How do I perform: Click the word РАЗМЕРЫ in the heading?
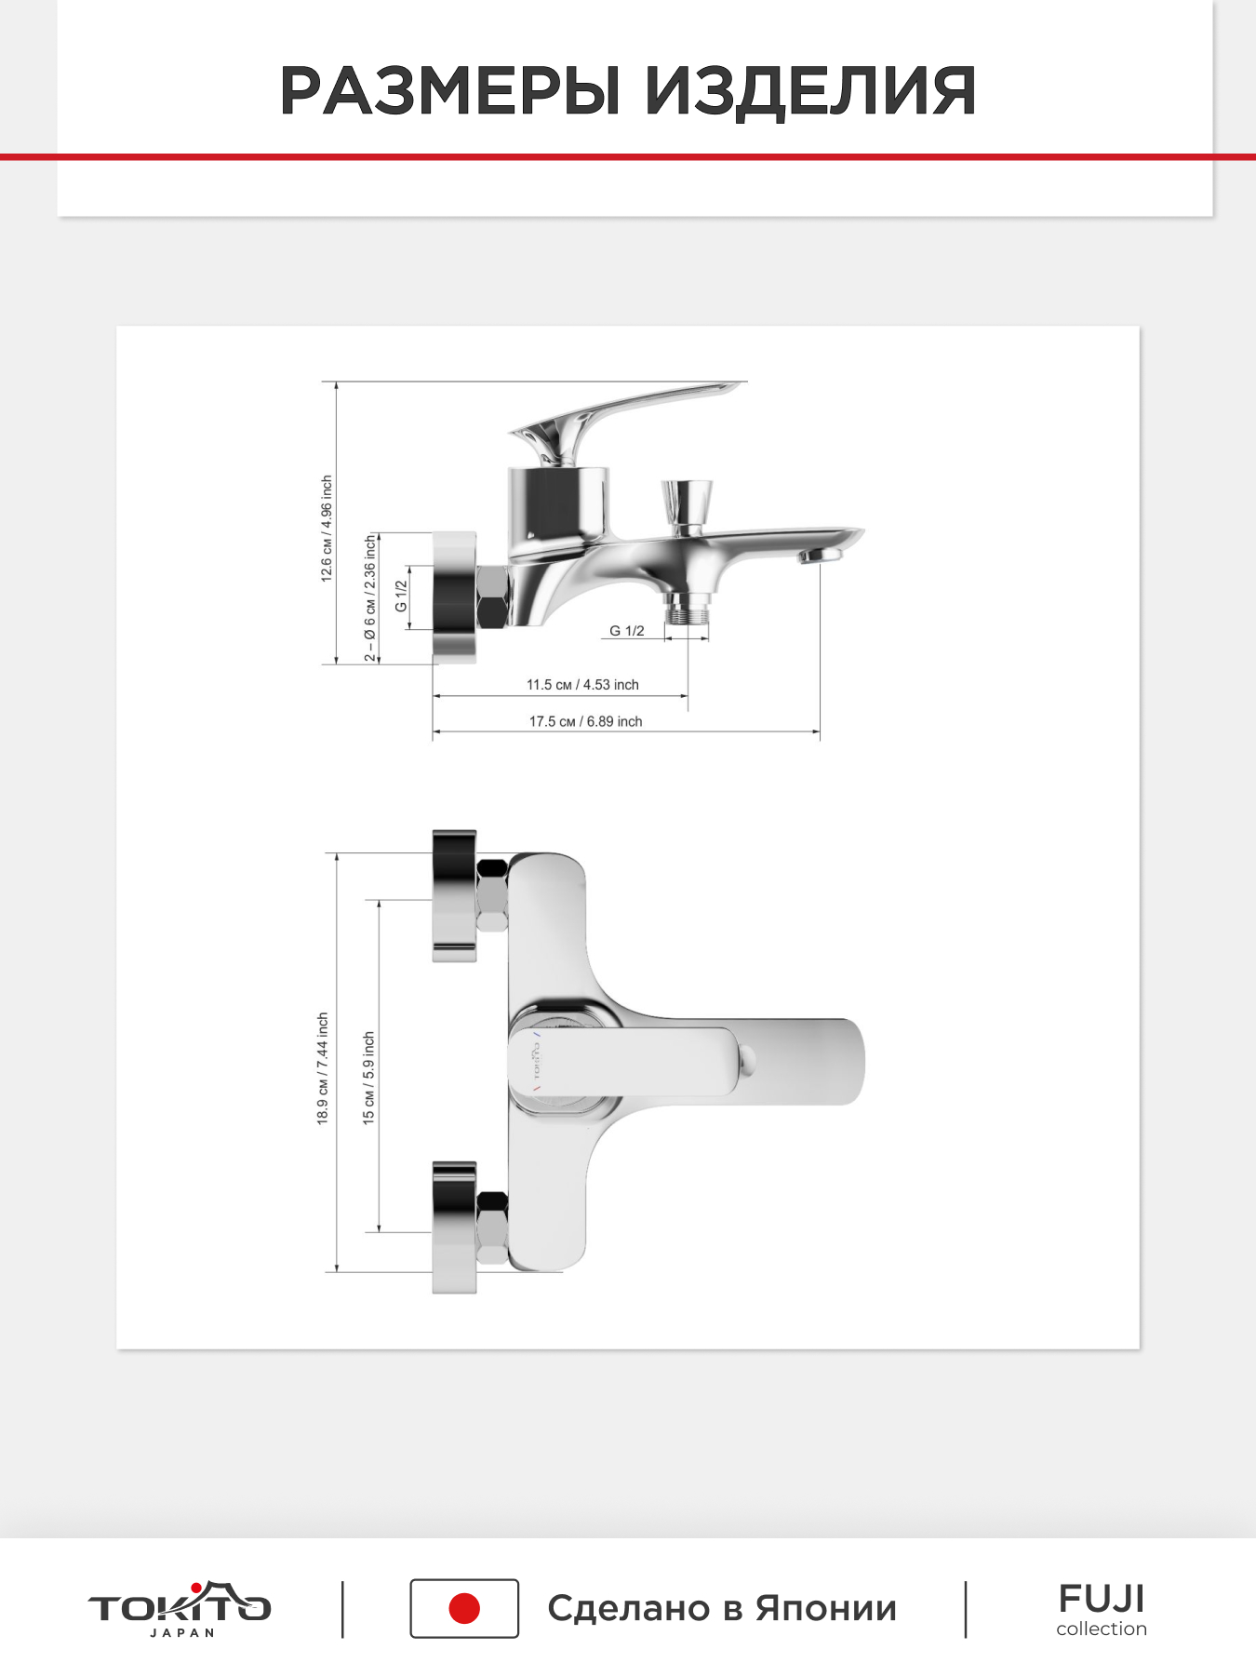click(449, 91)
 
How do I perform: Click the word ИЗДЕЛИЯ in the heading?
click(810, 93)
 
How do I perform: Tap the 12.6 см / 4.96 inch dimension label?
click(327, 529)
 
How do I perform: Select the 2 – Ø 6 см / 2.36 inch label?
click(370, 597)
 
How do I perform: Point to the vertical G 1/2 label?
click(401, 596)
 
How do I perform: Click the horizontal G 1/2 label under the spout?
click(627, 630)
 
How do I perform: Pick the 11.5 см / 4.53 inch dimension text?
click(582, 684)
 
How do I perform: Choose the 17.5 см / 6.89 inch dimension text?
click(585, 721)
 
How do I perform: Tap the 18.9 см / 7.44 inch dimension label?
click(323, 1068)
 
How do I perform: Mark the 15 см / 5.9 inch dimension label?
click(369, 1078)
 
